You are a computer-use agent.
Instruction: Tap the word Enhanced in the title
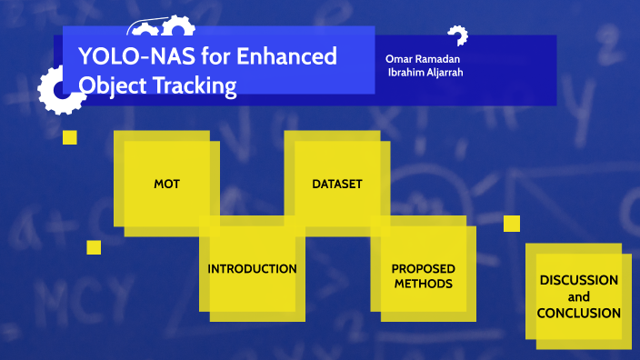[x=287, y=57]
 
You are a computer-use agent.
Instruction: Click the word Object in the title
[x=113, y=86]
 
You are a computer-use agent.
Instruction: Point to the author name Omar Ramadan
[x=415, y=59]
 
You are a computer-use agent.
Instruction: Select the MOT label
[x=166, y=184]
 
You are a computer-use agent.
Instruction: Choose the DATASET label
[x=337, y=184]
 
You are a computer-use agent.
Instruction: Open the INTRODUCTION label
[x=252, y=269]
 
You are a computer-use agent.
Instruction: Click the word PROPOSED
[x=423, y=269]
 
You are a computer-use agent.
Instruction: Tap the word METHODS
[x=423, y=284]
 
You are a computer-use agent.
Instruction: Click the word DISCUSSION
[x=578, y=280]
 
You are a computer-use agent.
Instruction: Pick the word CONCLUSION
[x=578, y=313]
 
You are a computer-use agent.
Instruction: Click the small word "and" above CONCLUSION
[x=578, y=296]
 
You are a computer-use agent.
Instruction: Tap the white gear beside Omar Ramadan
[x=457, y=35]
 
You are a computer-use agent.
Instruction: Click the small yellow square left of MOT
[x=69, y=137]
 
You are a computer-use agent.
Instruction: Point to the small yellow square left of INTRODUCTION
[x=94, y=247]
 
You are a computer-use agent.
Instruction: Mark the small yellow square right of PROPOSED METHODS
[x=512, y=223]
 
